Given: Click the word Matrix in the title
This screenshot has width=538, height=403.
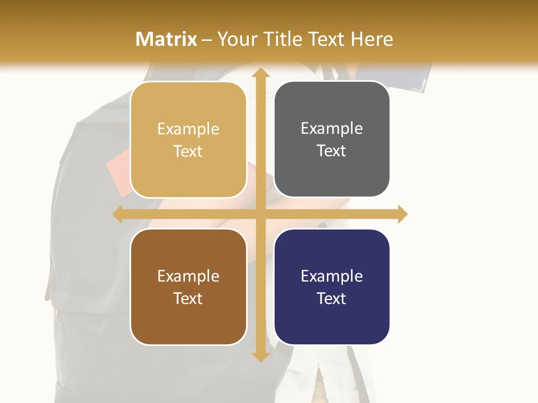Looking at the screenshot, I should [166, 39].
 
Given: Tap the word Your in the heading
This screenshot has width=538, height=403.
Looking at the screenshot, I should [238, 39].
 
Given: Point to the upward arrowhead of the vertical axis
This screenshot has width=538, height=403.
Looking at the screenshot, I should [260, 73].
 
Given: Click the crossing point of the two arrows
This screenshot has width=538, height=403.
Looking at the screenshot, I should [260, 214].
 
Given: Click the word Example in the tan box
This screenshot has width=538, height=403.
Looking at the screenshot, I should [188, 129].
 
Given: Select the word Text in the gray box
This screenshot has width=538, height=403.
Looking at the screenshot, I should [332, 151].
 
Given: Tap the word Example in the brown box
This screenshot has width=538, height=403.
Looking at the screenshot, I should [188, 277].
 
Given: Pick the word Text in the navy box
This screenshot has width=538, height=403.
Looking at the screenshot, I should [332, 298].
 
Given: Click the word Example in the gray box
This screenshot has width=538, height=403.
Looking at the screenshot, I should [332, 129].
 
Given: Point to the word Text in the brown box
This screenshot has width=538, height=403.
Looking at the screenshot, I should [188, 298].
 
